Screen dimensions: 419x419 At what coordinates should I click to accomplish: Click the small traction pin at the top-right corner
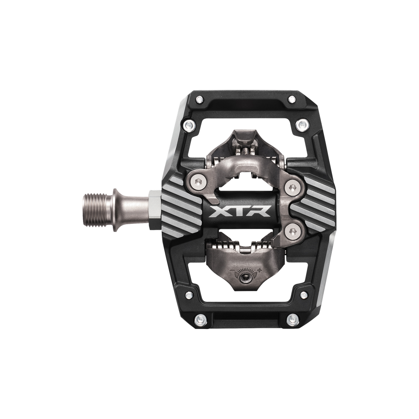pos(292,99)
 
